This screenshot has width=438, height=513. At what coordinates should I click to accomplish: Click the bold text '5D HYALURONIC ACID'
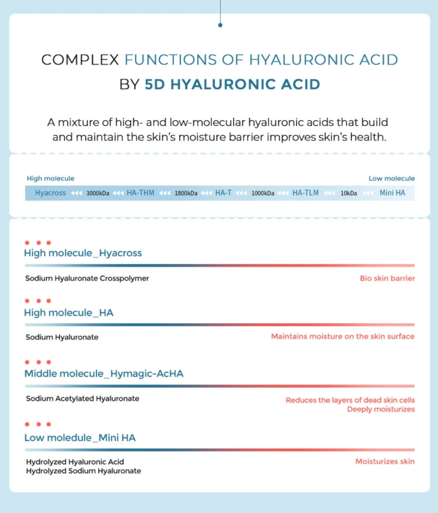coord(232,85)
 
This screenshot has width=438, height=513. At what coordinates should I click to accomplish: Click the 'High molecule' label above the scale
coord(51,178)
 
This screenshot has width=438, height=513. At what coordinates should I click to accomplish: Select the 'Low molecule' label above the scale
coord(391,178)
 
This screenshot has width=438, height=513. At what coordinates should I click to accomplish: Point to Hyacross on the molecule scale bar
coord(51,193)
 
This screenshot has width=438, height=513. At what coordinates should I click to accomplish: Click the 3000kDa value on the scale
coord(98,193)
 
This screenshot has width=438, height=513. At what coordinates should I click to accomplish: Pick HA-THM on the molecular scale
coord(141,193)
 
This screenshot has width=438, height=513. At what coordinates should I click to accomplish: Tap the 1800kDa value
coord(186,193)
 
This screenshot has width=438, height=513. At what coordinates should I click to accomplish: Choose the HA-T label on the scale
coord(223,193)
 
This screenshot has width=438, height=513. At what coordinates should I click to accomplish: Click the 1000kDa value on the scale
coord(263,193)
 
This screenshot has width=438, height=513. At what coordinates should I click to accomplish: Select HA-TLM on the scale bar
coord(306,193)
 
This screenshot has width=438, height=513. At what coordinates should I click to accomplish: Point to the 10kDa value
coord(349,193)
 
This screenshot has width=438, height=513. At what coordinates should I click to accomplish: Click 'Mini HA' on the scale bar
coord(392,193)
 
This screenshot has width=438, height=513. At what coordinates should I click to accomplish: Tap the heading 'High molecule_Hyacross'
coord(83,253)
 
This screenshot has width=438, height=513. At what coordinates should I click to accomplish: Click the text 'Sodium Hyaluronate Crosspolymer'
coord(87,278)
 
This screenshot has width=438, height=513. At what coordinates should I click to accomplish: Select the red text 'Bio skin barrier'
coord(387,278)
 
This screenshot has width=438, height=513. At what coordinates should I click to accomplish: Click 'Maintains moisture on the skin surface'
coord(343,336)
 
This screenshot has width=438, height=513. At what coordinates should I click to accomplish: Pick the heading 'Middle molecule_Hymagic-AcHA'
coord(104,373)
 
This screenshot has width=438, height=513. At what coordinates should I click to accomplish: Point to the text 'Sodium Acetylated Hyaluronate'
coord(82,399)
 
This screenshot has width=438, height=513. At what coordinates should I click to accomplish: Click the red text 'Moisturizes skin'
coord(385,461)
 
